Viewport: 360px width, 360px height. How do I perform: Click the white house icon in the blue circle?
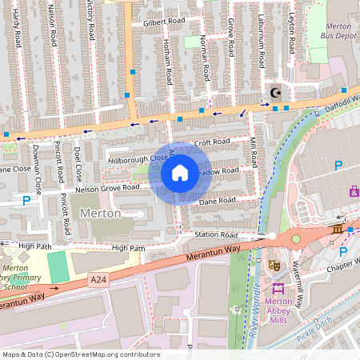click(180, 172)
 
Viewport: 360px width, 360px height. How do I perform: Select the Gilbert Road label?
click(164, 22)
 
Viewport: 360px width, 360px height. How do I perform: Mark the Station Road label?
click(216, 235)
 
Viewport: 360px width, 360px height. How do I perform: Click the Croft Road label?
click(212, 142)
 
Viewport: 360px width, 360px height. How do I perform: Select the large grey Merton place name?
click(101, 214)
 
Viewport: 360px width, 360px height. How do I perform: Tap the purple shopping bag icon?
click(354, 191)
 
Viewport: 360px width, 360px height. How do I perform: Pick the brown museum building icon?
click(337, 230)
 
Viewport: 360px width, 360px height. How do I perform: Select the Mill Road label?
click(254, 151)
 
